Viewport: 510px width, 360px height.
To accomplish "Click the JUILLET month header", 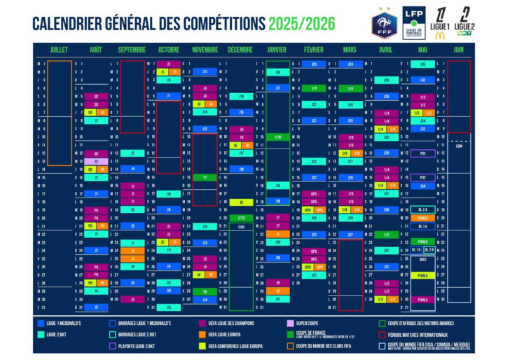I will [x=59, y=50].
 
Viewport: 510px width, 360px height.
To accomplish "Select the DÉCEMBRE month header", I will [x=240, y=50].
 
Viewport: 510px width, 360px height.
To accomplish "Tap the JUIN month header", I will [x=458, y=50].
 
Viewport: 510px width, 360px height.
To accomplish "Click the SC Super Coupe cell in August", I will [x=97, y=161].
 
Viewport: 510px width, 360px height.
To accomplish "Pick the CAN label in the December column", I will [x=240, y=226].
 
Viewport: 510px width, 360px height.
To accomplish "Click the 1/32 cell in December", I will [x=241, y=218].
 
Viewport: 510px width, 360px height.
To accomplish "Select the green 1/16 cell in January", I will [x=277, y=137].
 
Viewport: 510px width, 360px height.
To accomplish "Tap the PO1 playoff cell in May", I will [x=423, y=153].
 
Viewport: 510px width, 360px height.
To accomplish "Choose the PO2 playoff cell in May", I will [x=423, y=177].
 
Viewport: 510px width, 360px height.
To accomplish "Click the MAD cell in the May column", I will [x=423, y=258].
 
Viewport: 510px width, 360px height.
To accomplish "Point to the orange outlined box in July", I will [x=60, y=112].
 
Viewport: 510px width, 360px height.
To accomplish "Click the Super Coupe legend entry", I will [x=308, y=324].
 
